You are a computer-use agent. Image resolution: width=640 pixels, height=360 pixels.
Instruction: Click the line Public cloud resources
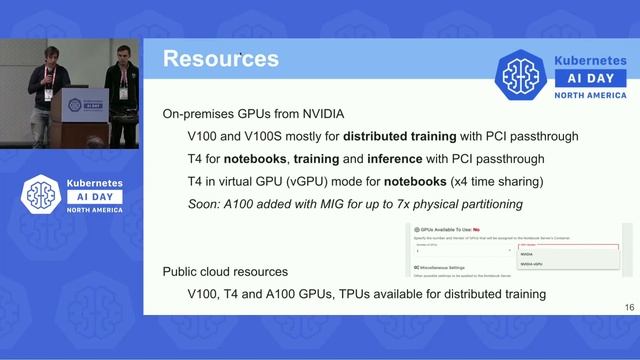pos(226,272)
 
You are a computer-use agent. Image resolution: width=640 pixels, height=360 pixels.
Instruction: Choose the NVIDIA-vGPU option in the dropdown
pos(533,265)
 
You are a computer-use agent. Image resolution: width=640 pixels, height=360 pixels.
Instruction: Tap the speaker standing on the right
pos(122,90)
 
